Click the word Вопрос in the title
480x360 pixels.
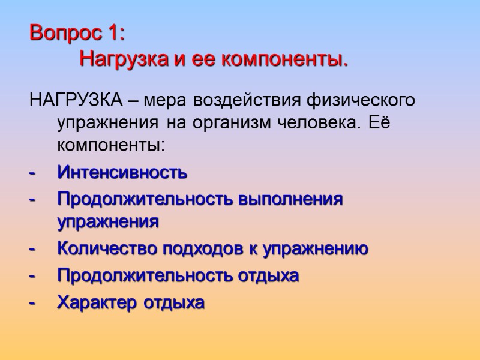(x=68, y=32)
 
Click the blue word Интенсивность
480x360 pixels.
(x=122, y=173)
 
